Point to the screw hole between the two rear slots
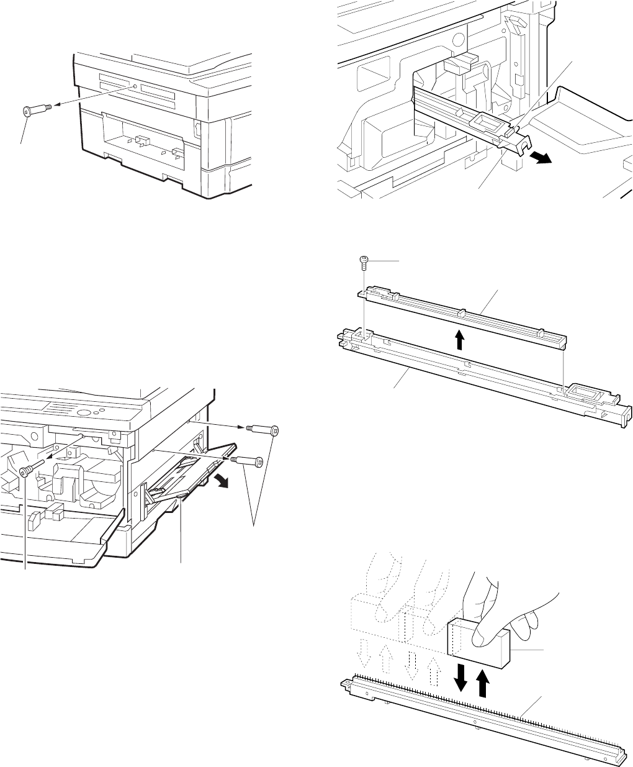click(x=135, y=86)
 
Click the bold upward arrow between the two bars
click(x=459, y=339)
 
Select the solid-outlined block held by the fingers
click(x=478, y=643)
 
